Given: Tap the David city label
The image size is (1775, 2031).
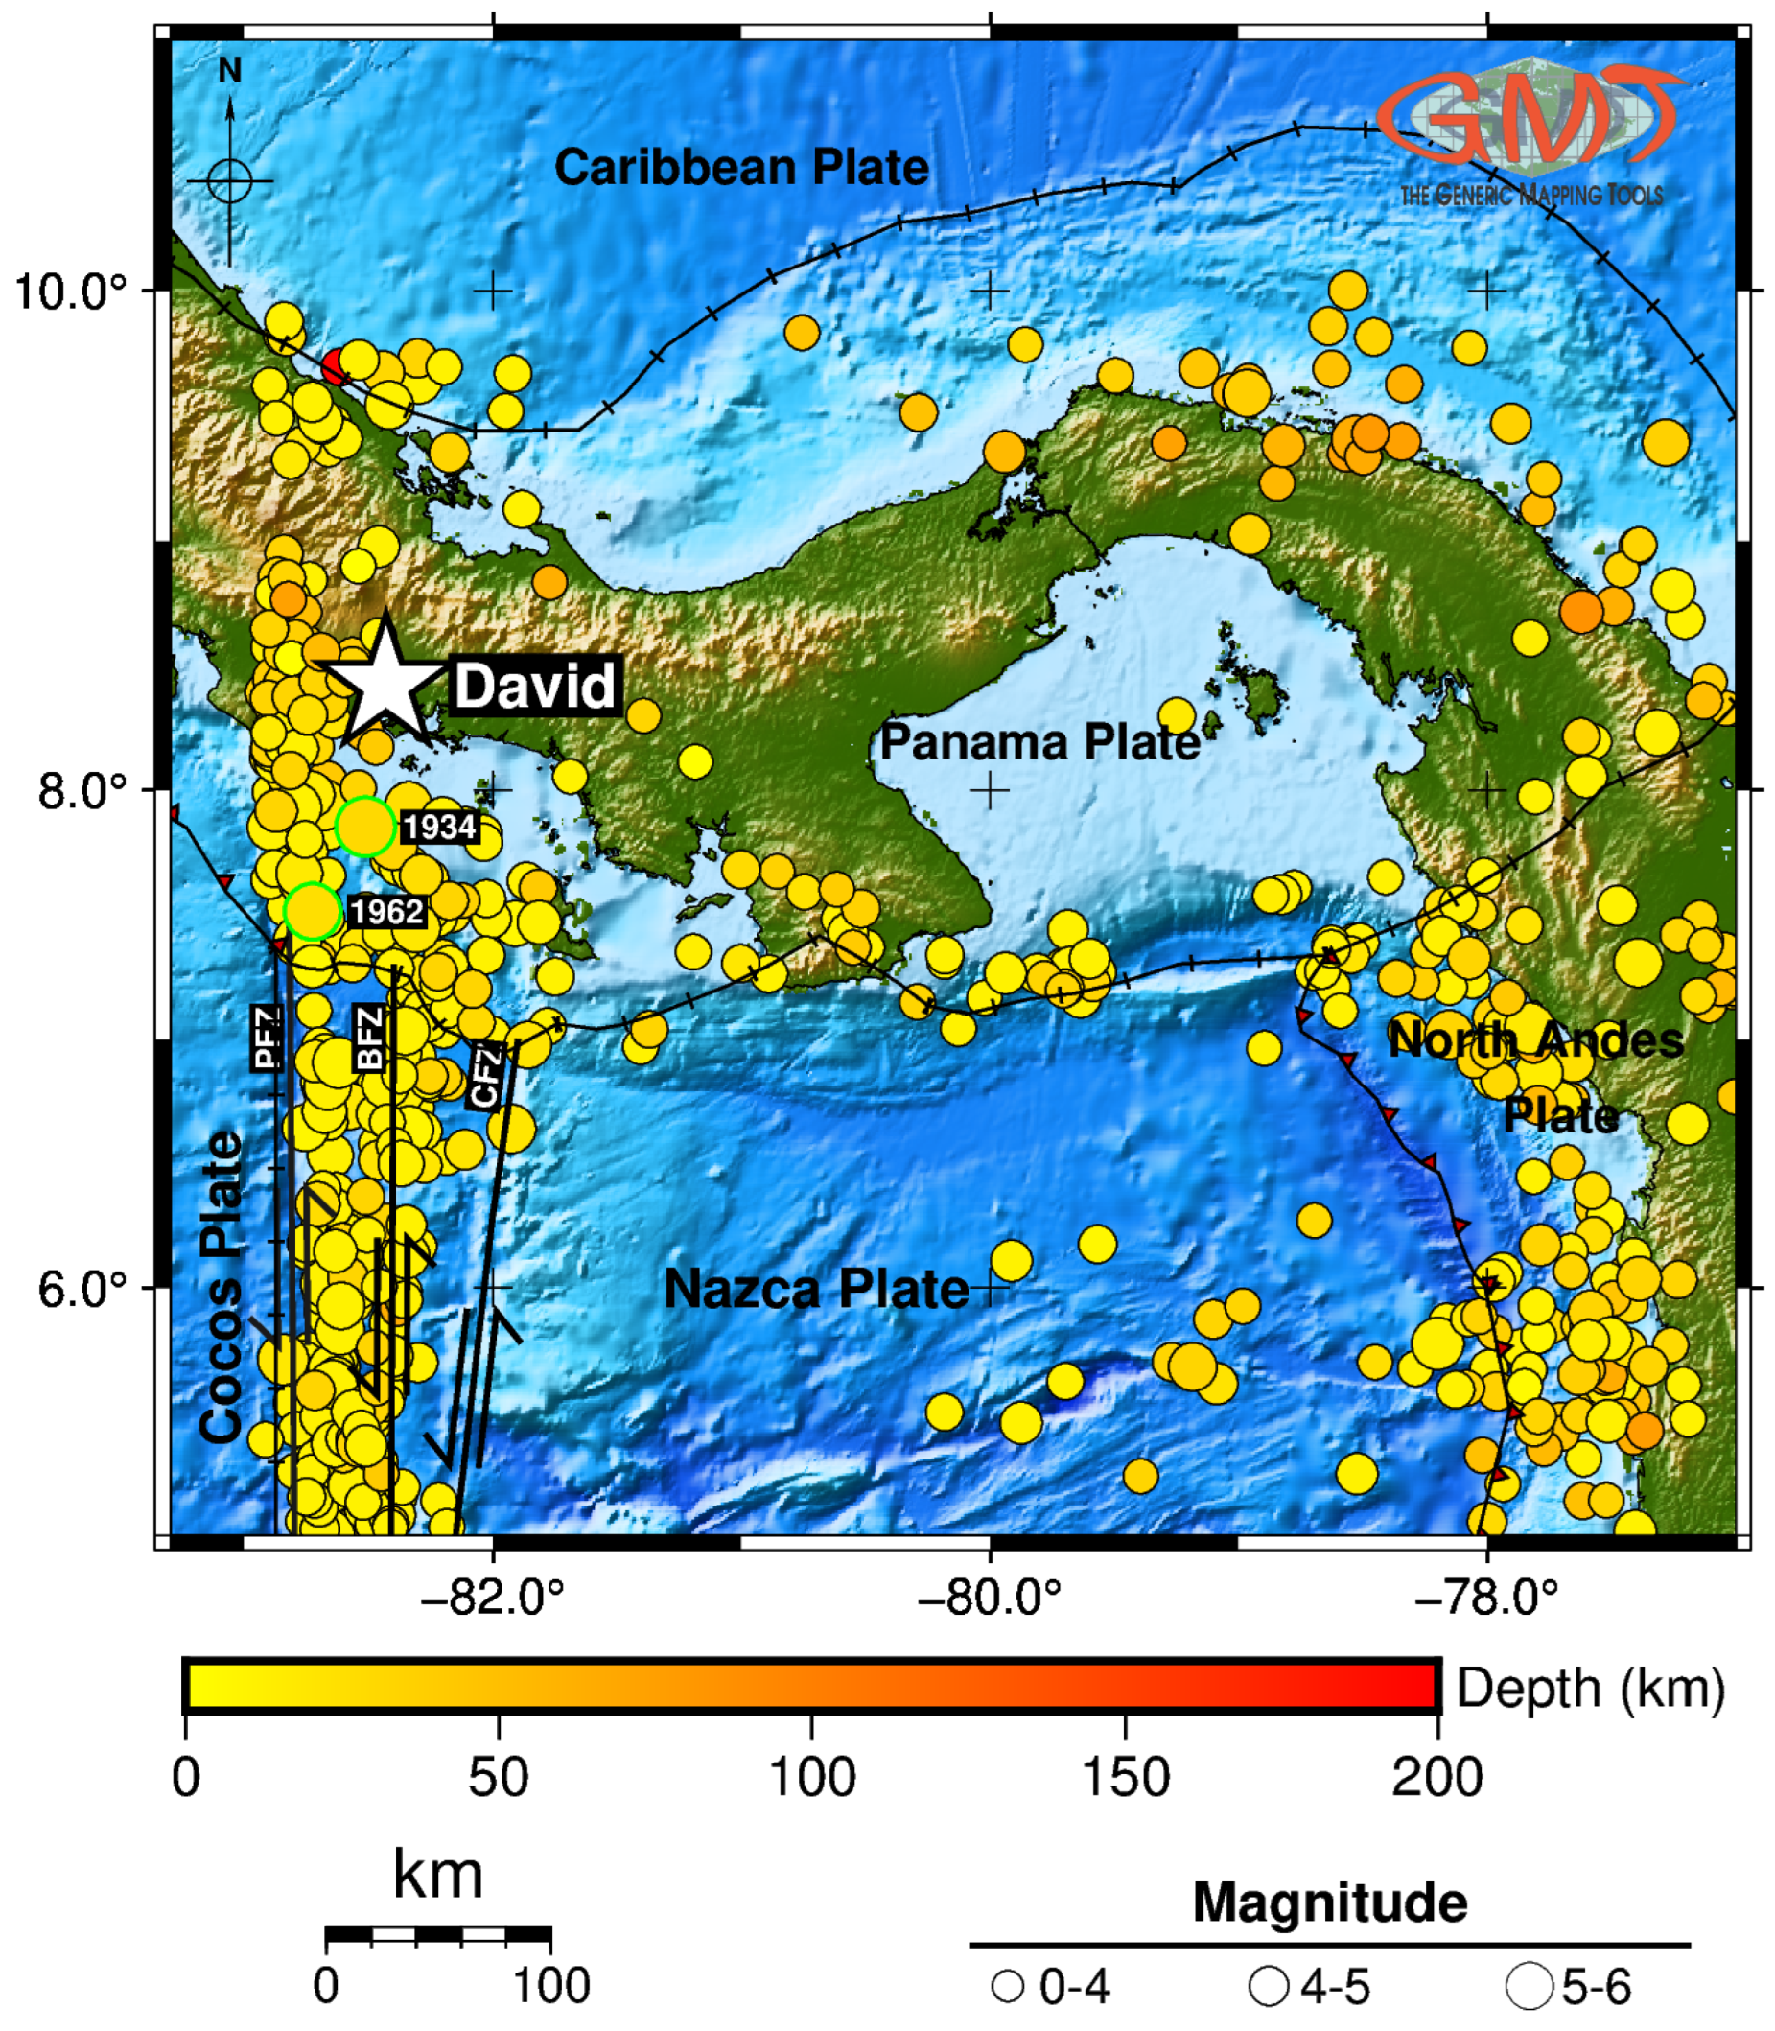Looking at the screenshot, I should (x=535, y=686).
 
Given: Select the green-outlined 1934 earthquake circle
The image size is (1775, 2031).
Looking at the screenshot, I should (x=366, y=826).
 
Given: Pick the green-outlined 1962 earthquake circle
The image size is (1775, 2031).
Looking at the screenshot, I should (x=313, y=911).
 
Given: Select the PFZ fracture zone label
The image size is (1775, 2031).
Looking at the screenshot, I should (x=268, y=1037).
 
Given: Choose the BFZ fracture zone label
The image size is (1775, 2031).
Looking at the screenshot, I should (x=368, y=1037).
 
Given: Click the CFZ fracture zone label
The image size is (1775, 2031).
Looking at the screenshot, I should (x=485, y=1077).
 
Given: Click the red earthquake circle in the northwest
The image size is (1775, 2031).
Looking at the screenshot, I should (x=335, y=367).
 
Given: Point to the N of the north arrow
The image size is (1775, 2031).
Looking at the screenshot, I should (x=230, y=70).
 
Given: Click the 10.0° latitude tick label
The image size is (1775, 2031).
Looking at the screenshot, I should (x=71, y=292).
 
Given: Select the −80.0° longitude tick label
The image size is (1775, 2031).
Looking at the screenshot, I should (x=989, y=1598).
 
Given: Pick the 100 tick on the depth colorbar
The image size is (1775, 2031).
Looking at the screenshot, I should (x=812, y=1777).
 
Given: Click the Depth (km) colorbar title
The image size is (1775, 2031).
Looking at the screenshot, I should (x=1591, y=1688).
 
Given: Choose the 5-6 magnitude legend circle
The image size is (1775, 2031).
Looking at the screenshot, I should (x=1530, y=1985).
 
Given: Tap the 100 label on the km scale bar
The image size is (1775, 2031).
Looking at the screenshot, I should (x=550, y=1985).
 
